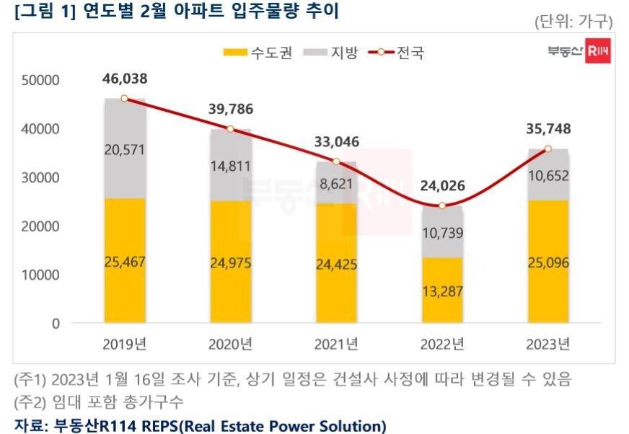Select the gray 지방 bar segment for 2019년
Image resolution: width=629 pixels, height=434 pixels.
[x=124, y=149]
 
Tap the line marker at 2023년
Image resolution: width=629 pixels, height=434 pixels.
[x=547, y=149]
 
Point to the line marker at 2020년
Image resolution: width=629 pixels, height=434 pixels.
[x=230, y=129]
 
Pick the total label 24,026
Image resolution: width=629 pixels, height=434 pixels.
[x=442, y=185]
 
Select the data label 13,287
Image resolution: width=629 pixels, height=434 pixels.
[x=442, y=291]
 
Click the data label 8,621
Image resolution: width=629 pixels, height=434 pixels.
[x=336, y=184]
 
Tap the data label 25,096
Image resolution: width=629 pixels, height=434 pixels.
[x=547, y=262]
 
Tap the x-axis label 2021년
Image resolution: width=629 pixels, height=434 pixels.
[x=336, y=343]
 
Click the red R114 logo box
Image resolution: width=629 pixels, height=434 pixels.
[x=598, y=51]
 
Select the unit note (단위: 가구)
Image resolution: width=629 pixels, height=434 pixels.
[x=573, y=21]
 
